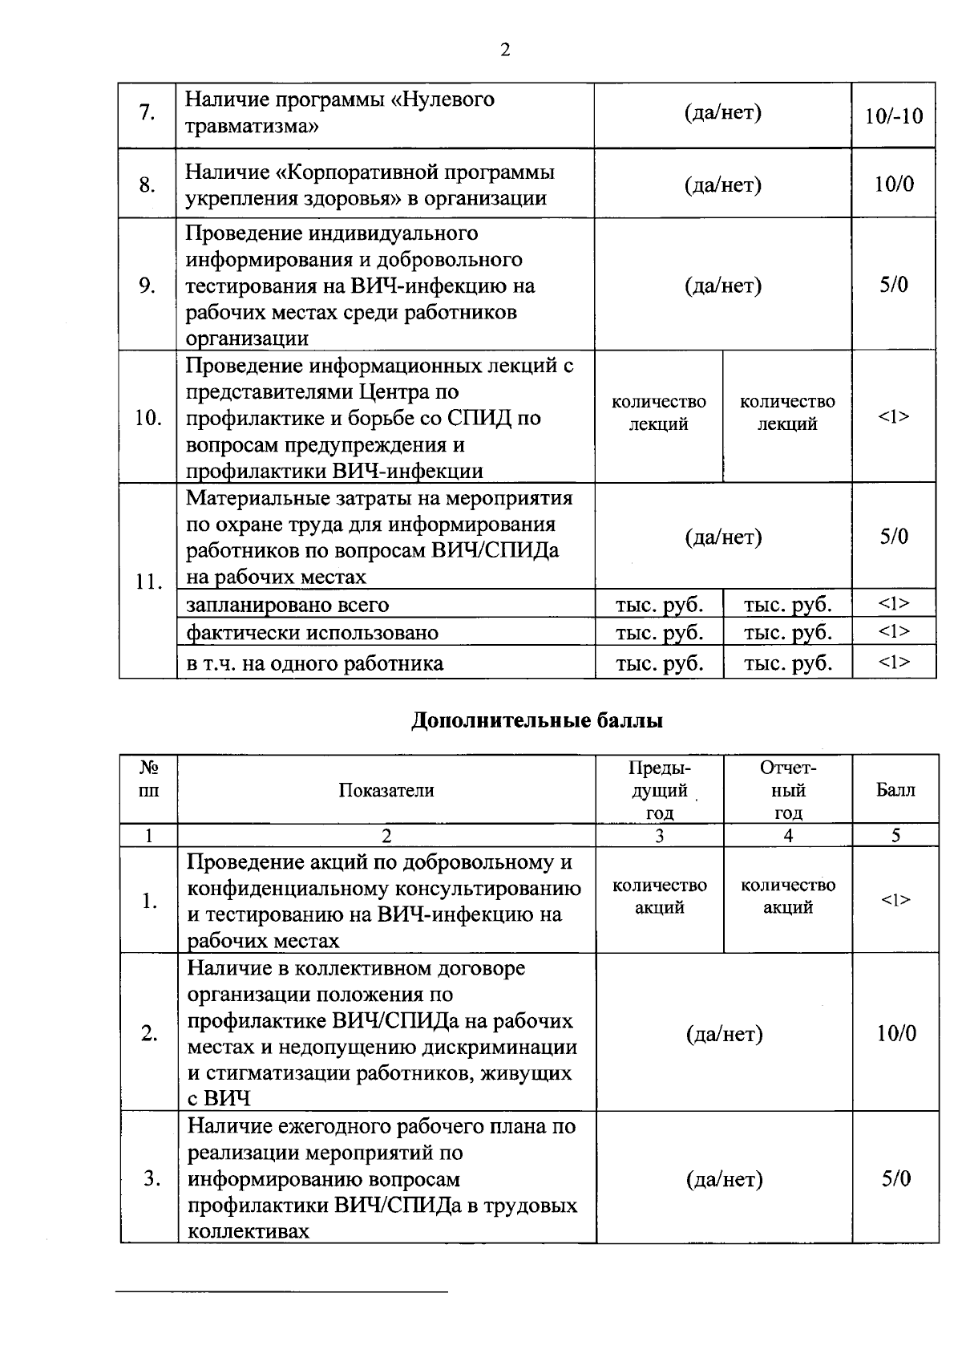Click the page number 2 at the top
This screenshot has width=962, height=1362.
tap(505, 51)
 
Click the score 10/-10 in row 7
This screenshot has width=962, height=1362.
tap(894, 116)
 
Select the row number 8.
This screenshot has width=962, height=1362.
tap(147, 185)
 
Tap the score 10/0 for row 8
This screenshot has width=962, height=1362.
tap(894, 184)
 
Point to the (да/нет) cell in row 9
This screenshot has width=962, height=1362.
tap(722, 286)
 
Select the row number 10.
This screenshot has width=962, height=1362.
tap(148, 418)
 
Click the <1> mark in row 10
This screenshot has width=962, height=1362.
tap(894, 416)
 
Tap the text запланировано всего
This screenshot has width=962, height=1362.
tap(287, 605)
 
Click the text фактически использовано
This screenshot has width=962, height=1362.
tap(312, 633)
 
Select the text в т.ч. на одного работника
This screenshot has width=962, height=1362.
tap(314, 663)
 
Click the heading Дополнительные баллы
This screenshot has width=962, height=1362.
tap(537, 720)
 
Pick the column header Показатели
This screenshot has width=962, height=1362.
tap(386, 790)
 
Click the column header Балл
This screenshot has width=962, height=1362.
tap(895, 790)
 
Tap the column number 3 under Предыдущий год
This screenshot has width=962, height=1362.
tap(659, 836)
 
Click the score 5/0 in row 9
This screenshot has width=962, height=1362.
tap(894, 286)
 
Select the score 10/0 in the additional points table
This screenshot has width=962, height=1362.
tap(895, 1033)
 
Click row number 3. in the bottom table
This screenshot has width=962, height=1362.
tap(150, 1178)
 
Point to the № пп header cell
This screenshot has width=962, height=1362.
tap(149, 779)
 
